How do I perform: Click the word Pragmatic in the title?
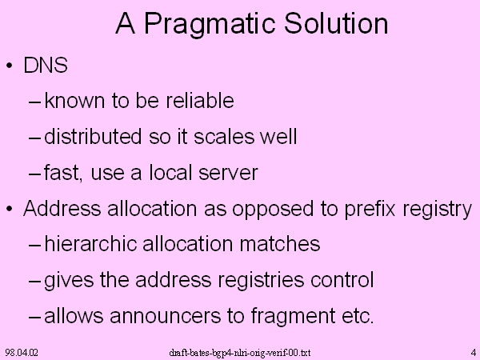pos(210,25)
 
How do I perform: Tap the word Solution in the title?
pos(336,23)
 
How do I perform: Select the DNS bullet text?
pos(46,66)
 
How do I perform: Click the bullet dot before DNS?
pos(10,66)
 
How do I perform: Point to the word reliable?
pos(200,100)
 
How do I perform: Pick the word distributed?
pos(93,136)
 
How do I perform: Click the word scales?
pos(224,136)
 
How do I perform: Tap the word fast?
pos(63,172)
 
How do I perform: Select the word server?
pos(228,173)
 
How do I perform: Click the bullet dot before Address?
pos(10,209)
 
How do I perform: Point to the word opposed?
pos(273,210)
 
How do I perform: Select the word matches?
pos(279,244)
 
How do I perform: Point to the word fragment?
pos(293,317)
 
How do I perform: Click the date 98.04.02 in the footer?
pos(22,352)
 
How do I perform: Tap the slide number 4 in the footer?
pos(474,352)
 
